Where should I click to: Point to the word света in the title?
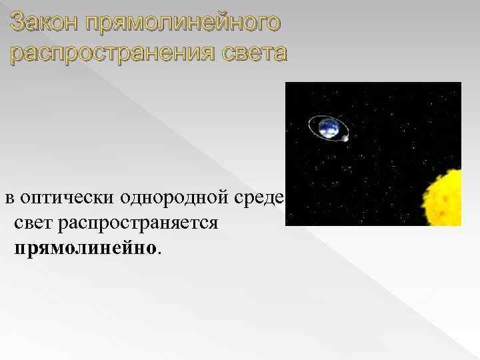254,53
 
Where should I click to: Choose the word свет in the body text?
33,222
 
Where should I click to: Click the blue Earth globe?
327,127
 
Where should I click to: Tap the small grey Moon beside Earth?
345,137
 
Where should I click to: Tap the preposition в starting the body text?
9,199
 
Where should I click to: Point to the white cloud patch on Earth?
326,123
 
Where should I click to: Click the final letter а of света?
279,54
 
